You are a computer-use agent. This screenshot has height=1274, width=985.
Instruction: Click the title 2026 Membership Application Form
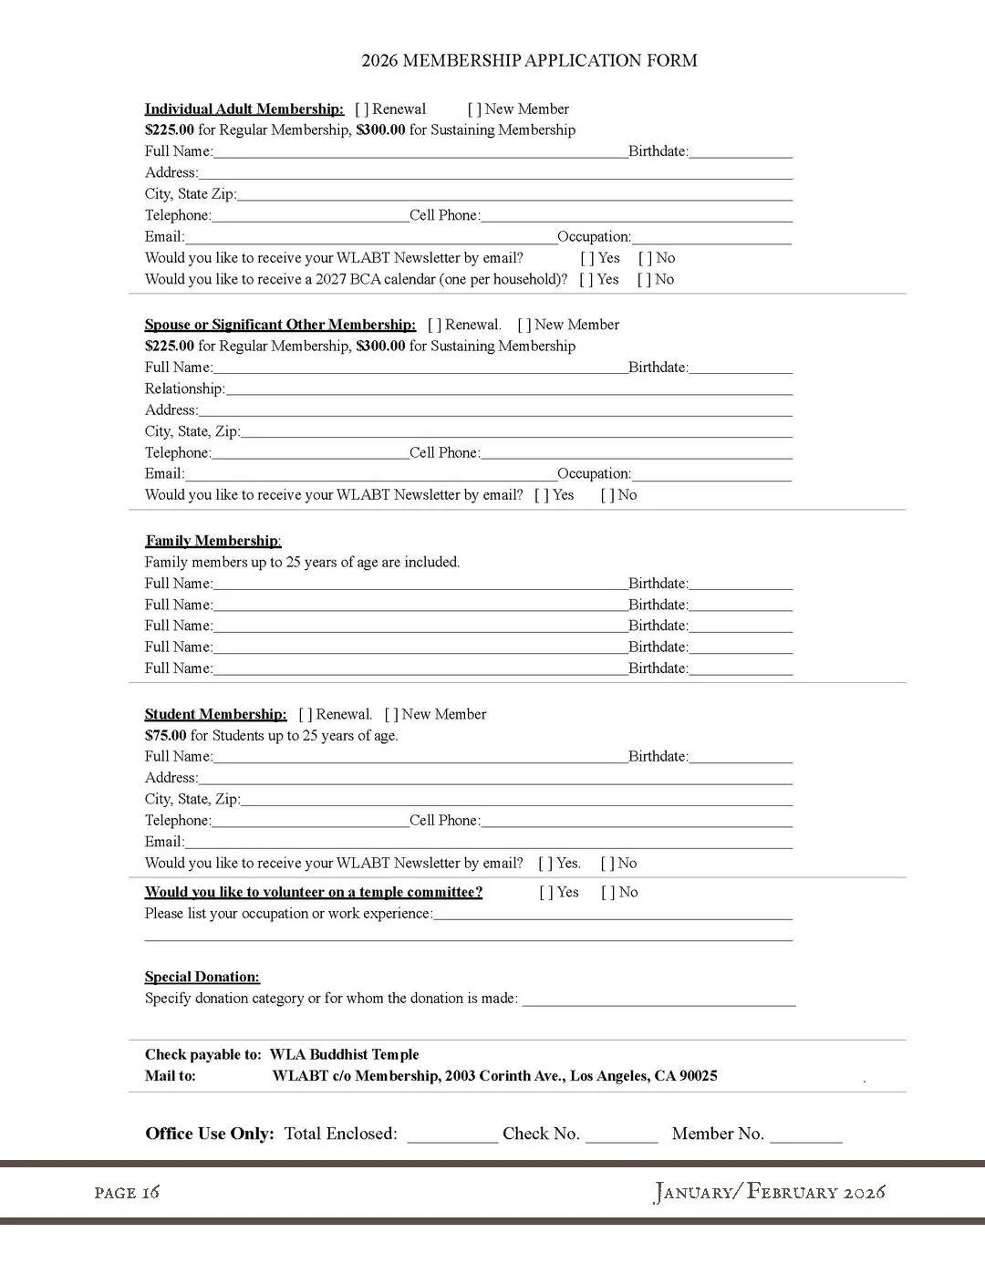[529, 61]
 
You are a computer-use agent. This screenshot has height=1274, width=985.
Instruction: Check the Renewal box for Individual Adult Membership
[362, 109]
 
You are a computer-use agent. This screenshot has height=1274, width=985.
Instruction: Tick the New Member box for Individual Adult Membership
[474, 109]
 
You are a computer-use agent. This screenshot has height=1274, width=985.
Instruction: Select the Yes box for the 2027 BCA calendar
[586, 280]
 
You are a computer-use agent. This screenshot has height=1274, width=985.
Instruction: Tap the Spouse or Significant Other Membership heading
[280, 325]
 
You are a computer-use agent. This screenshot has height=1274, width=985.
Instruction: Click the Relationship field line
[508, 390]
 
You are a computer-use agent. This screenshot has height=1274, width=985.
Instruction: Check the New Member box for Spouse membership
[524, 326]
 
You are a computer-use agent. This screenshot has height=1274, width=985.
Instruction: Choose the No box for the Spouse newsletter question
[607, 495]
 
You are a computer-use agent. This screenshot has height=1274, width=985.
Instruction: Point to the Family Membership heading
[213, 541]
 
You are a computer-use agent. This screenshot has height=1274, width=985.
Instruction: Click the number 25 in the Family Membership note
[294, 563]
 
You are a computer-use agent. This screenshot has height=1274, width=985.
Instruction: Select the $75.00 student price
[165, 736]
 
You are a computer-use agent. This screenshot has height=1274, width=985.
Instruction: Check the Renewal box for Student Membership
[306, 715]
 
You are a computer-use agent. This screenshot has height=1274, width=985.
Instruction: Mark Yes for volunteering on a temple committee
[546, 893]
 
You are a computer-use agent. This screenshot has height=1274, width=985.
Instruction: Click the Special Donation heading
[202, 978]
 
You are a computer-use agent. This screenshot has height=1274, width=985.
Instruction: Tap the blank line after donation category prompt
[658, 1000]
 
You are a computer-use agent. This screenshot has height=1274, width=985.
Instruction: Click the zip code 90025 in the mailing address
[698, 1076]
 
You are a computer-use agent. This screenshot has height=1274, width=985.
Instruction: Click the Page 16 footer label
[127, 1193]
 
